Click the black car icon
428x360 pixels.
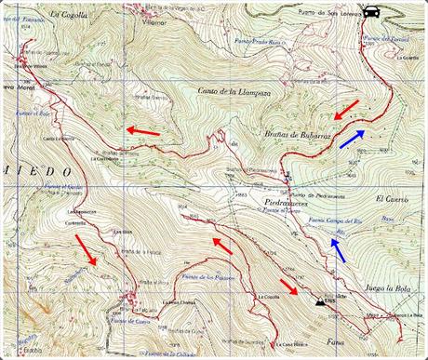[371, 12]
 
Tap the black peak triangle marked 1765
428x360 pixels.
[321, 301]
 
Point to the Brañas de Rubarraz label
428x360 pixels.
[287, 136]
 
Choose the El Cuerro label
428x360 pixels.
[393, 199]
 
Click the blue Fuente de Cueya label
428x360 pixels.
[131, 321]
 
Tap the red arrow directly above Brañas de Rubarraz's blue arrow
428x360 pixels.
[343, 112]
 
